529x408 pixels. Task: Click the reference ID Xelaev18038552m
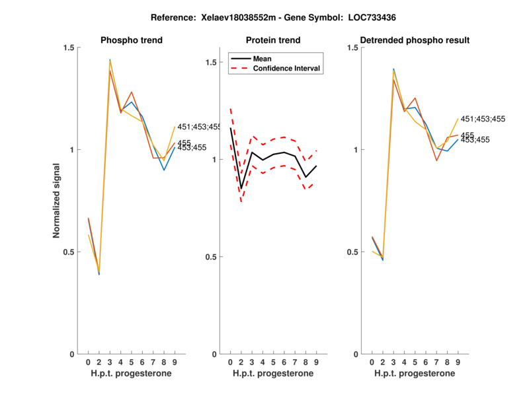click(242, 17)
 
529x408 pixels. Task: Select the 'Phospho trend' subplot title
click(132, 40)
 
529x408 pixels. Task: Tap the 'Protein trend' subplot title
click(274, 40)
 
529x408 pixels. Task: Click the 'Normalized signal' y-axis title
click(57, 201)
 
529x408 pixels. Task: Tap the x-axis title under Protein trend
click(274, 373)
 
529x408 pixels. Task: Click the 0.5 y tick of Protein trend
click(212, 257)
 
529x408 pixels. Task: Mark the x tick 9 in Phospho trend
click(175, 362)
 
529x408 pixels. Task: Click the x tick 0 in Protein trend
click(231, 362)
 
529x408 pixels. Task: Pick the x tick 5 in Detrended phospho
click(415, 362)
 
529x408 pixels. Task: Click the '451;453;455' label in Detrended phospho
click(483, 119)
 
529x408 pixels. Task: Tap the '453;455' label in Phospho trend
click(192, 148)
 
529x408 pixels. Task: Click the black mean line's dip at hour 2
click(241, 188)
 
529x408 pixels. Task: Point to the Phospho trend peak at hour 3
click(110, 61)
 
